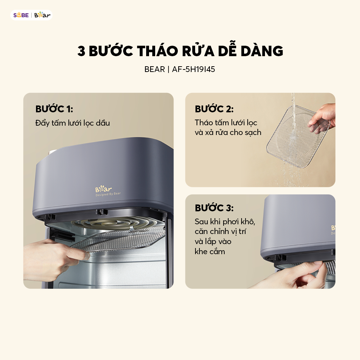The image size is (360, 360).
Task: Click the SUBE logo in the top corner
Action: (x=21, y=15)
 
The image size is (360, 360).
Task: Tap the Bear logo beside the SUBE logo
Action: (x=42, y=15)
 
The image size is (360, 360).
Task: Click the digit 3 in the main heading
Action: (x=81, y=51)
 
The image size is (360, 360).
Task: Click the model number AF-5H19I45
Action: (x=194, y=69)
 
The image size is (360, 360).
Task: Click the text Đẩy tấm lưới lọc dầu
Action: (x=73, y=123)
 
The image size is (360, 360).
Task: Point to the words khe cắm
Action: (x=210, y=251)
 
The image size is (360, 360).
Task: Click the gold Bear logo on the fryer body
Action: (x=103, y=189)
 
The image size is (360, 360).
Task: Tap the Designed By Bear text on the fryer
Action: (x=108, y=194)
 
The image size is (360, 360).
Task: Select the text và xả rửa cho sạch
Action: (x=228, y=132)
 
